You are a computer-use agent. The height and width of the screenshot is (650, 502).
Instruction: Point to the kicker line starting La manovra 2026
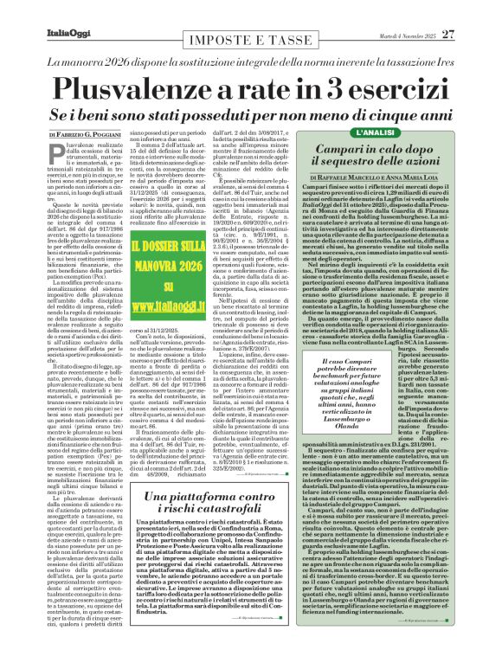pyautogui.click(x=251, y=62)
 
